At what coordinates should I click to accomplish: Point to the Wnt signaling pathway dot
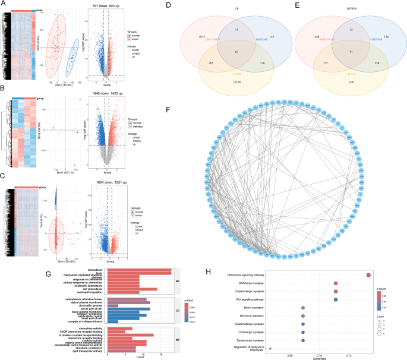(336, 299)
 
